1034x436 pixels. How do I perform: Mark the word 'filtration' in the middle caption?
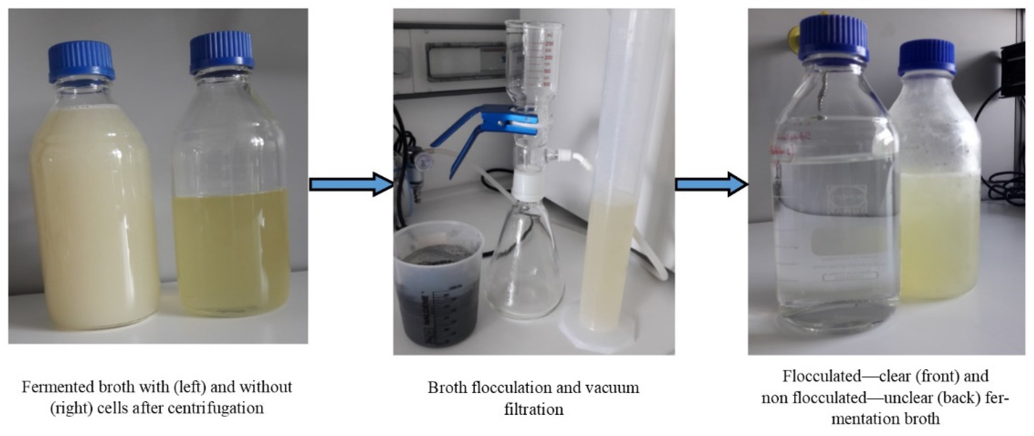pos(533,409)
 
